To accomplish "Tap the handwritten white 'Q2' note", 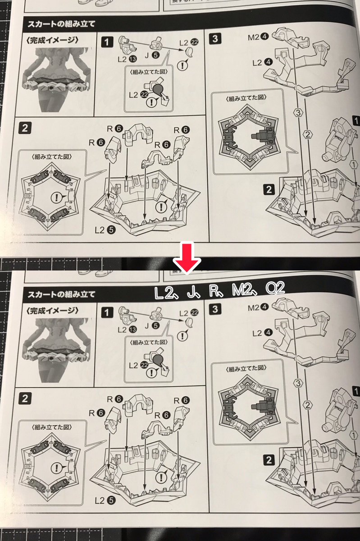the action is [x=275, y=289].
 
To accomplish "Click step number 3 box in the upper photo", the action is [x=215, y=39].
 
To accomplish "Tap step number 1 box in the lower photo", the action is [x=106, y=313].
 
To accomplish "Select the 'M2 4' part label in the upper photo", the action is [x=258, y=37].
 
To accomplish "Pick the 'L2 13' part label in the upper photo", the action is [x=127, y=59].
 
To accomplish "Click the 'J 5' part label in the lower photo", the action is [x=152, y=326].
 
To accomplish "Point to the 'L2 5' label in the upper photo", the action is [x=105, y=229].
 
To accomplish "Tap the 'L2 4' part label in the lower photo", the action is [x=262, y=333].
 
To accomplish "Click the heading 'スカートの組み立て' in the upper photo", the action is [x=61, y=24].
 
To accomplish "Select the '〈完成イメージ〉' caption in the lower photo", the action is [x=52, y=311].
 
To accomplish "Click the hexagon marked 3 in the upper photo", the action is [x=298, y=113].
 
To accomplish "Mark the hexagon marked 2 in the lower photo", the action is [x=308, y=405].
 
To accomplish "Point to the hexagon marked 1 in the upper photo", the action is [x=354, y=165].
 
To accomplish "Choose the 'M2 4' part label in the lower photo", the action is [x=258, y=307].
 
